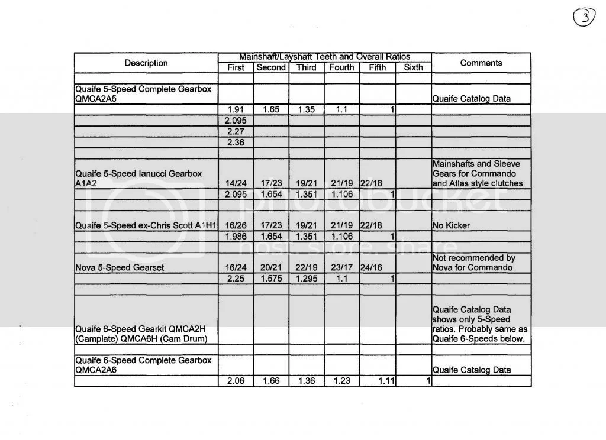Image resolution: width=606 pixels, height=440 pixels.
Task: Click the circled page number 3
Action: coord(584,18)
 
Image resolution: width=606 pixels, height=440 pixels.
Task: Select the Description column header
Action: coord(146,63)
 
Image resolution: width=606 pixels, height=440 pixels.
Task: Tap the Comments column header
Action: coord(481,63)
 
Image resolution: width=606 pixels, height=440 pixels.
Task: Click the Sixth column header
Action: coord(413,67)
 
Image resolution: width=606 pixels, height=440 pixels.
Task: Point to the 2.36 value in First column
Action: coord(236,143)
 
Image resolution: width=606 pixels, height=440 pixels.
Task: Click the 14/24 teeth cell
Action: coord(236,183)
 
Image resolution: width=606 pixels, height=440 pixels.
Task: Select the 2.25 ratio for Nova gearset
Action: coord(236,278)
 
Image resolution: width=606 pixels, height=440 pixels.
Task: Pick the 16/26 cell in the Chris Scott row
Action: coord(236,225)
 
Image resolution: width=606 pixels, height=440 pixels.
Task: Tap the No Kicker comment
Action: coord(452,225)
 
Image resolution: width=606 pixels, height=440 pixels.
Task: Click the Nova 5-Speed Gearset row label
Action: coord(120,267)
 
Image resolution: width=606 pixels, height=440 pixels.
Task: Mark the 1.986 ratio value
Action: coord(236,237)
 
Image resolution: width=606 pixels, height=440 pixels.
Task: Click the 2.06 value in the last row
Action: coord(236,381)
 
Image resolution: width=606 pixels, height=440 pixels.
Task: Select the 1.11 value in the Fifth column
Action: coord(385,381)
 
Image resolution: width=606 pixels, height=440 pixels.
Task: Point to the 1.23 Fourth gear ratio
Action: coord(342,381)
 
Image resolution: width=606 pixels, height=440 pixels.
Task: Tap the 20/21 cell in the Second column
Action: coord(271,267)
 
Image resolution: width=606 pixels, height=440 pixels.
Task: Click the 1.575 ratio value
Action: coord(271,278)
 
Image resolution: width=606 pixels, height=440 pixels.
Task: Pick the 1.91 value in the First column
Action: coord(236,109)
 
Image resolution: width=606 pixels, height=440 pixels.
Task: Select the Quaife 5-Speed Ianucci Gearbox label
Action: coord(138,178)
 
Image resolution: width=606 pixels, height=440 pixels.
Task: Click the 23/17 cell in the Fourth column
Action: coord(342,267)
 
